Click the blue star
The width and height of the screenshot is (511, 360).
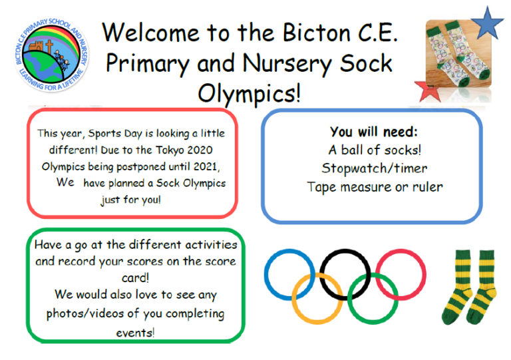tap(487, 23)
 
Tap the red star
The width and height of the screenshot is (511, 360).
tap(428, 92)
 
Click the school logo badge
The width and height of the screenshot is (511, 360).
tap(52, 55)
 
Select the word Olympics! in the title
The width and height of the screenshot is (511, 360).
tap(250, 94)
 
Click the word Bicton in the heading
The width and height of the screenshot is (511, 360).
tap(316, 33)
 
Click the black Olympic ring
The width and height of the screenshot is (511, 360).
tap(321, 275)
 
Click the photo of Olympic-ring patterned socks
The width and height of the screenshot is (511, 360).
tap(458, 54)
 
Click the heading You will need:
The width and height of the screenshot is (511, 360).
tap(373, 132)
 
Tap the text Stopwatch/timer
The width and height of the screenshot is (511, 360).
tap(374, 168)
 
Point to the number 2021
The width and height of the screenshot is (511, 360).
tap(206, 166)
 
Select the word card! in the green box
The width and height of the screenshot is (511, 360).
tap(135, 278)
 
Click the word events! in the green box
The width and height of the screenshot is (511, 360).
tap(135, 333)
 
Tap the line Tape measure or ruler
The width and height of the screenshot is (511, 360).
tap(375, 188)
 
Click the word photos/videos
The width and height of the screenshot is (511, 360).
tap(85, 313)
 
